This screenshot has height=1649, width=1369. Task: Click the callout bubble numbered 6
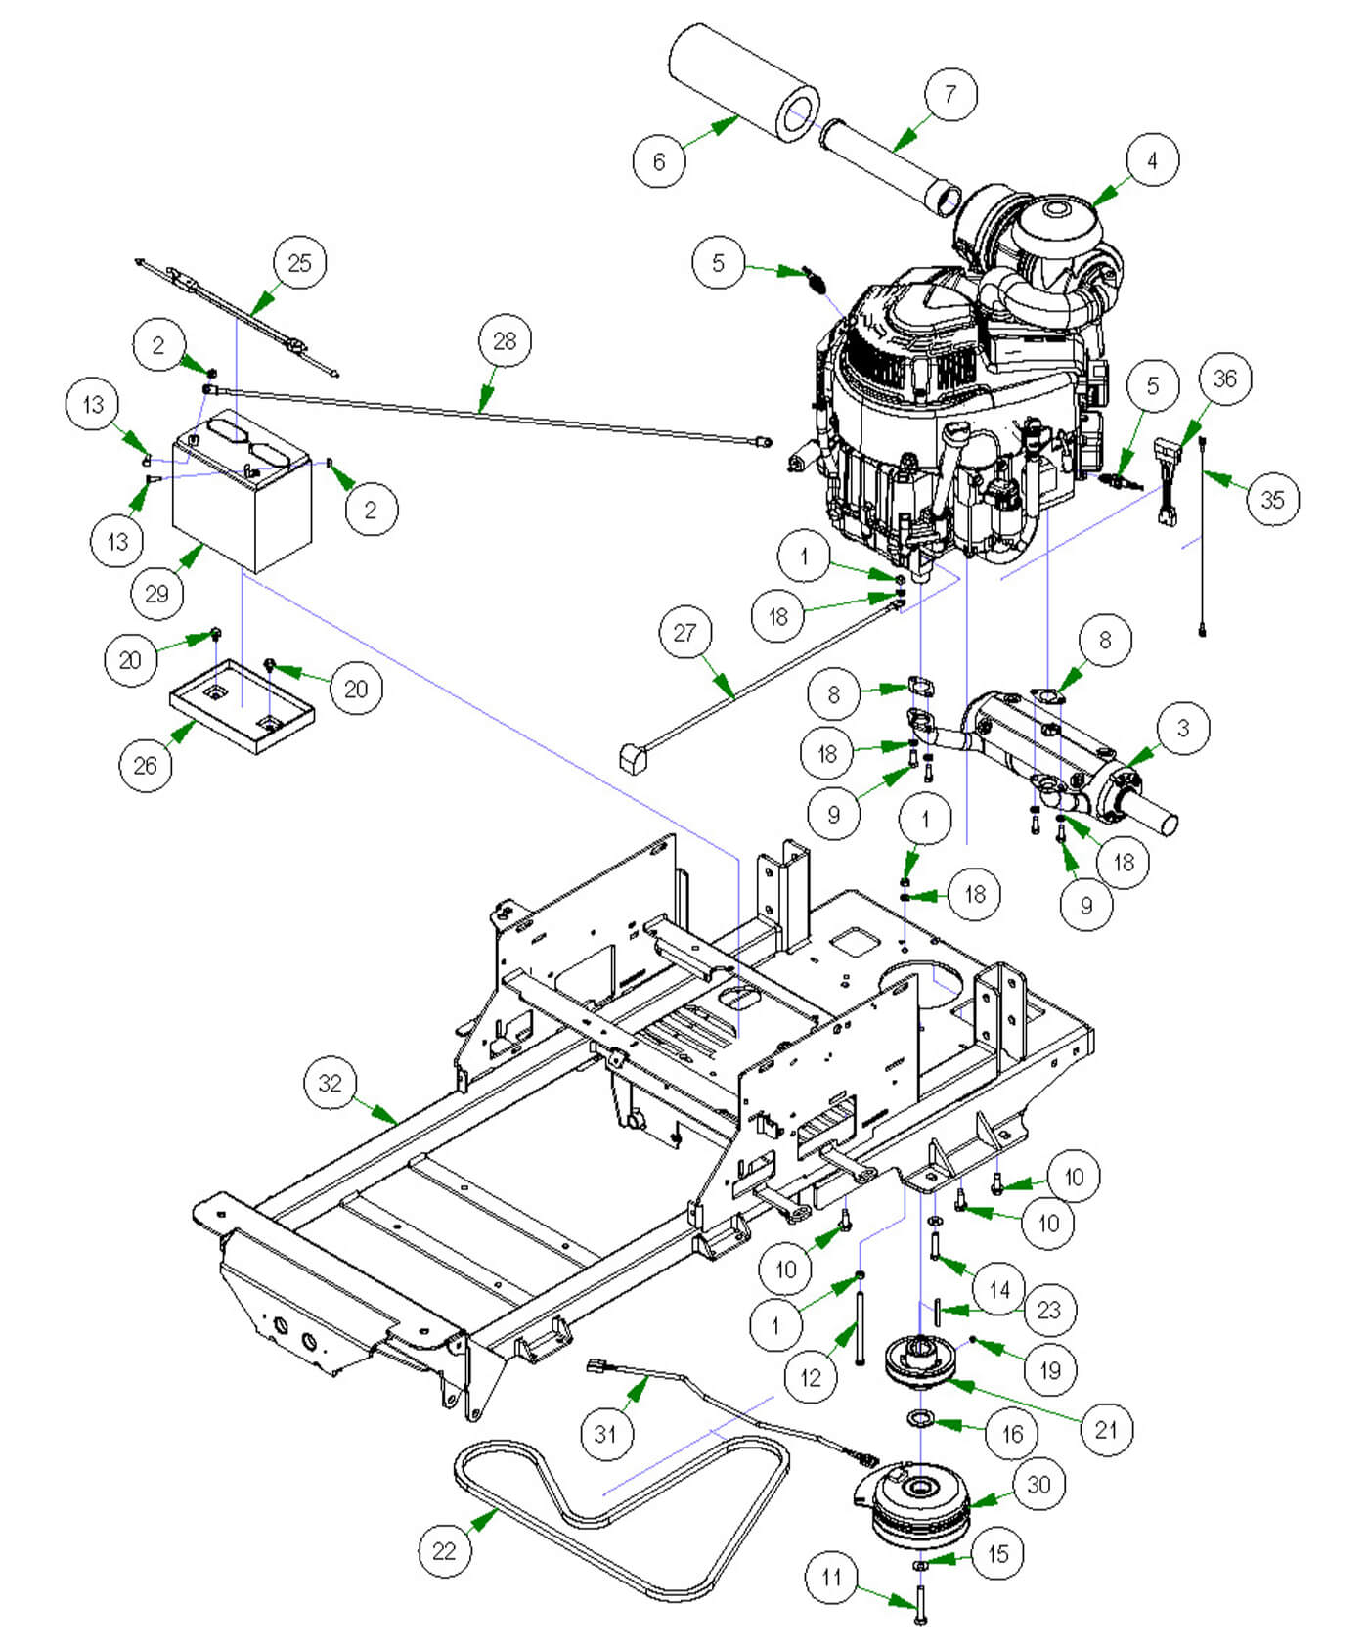tap(658, 160)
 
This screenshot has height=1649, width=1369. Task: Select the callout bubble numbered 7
tap(949, 94)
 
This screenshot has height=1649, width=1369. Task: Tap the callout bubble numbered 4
tap(1151, 160)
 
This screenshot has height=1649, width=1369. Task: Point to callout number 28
tap(505, 341)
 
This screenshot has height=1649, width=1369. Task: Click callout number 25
tap(299, 263)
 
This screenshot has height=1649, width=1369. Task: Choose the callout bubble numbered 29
tap(156, 593)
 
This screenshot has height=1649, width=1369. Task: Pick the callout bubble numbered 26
tap(145, 765)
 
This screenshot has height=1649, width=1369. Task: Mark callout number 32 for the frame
tap(331, 1084)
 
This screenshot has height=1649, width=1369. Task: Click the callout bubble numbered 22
tap(444, 1550)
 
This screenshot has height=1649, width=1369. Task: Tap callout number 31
tap(605, 1434)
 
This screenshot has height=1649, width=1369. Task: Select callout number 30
tap(1038, 1485)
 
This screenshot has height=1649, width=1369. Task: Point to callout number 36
tap(1224, 379)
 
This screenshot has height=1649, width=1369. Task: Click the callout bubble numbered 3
tap(1182, 728)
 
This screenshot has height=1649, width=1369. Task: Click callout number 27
tap(684, 633)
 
